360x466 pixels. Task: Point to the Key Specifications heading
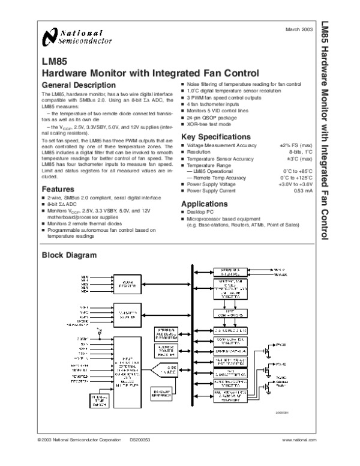point(216,138)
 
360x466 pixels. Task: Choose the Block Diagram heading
point(68,255)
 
